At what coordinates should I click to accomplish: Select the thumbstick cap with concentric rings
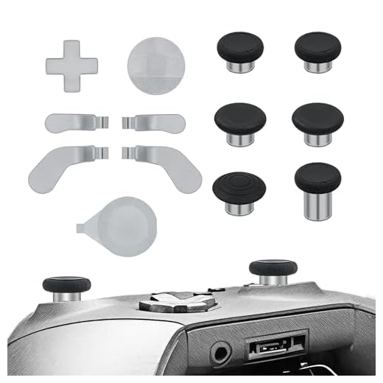[236, 186]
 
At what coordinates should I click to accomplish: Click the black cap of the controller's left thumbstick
[67, 285]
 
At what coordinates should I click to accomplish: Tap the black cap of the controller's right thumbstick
[273, 267]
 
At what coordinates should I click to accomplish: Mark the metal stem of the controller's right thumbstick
[273, 280]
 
